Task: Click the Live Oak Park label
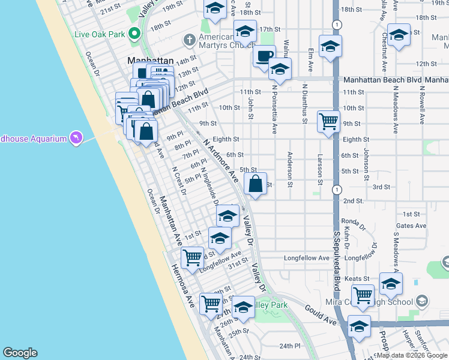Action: [99, 34]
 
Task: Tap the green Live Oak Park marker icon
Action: [134, 34]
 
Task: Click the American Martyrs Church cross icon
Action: [190, 41]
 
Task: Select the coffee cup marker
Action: [264, 57]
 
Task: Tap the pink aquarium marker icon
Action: [76, 139]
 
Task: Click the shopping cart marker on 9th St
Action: [328, 122]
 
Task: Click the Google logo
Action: [20, 353]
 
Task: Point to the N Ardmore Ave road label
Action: [220, 159]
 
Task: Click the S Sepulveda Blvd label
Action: [337, 259]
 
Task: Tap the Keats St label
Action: [356, 278]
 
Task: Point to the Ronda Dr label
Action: [354, 223]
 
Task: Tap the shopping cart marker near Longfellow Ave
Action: [192, 258]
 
